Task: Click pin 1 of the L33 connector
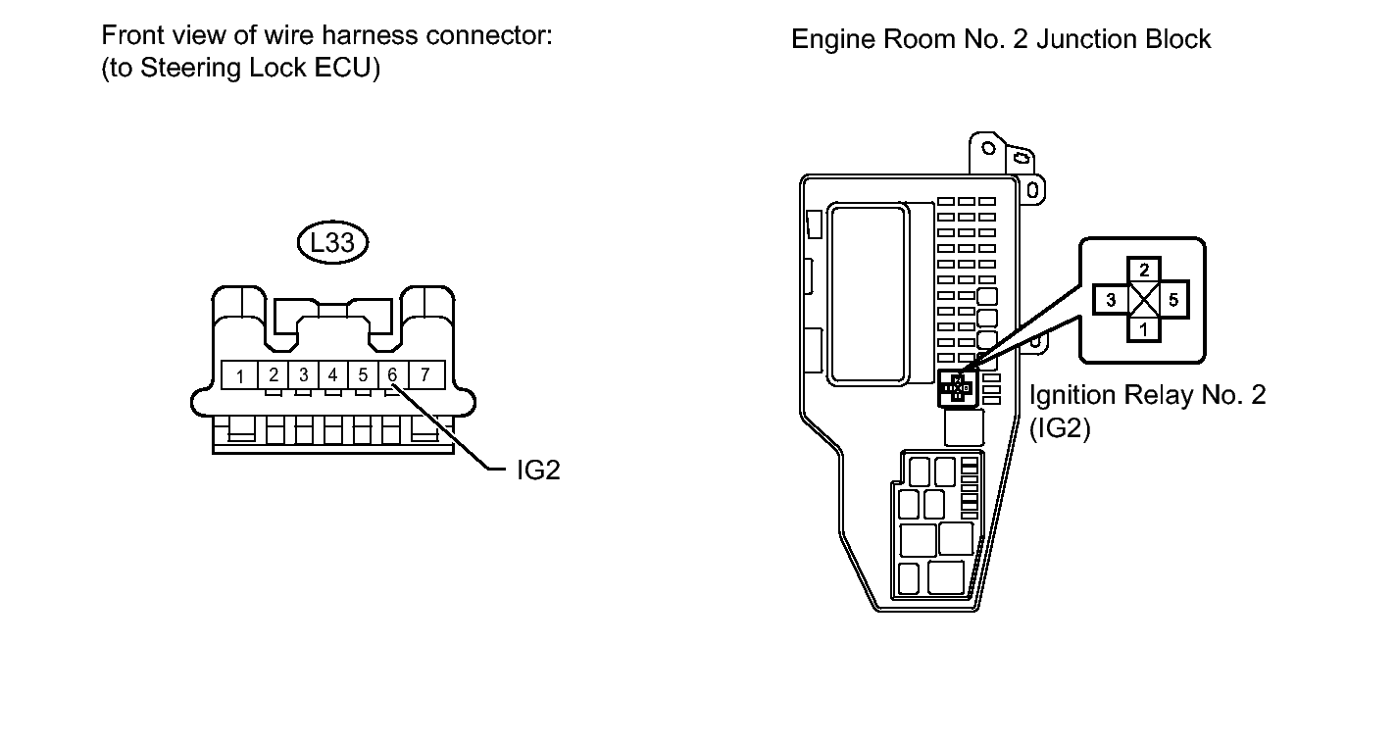point(240,375)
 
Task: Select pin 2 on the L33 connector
point(273,375)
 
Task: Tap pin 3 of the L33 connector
point(304,375)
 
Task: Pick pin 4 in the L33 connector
point(332,375)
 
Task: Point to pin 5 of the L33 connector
point(363,375)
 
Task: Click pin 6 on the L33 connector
point(392,375)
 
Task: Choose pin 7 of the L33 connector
point(426,375)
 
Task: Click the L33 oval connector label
point(332,242)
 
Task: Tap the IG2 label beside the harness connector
point(538,471)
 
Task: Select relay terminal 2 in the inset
point(1144,271)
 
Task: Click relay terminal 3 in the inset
point(1111,300)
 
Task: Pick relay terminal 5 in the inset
point(1173,300)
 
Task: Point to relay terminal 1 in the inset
point(1144,329)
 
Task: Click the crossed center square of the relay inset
point(1144,300)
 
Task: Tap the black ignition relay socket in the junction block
point(957,388)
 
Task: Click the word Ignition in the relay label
point(1072,396)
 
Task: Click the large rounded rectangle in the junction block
point(869,293)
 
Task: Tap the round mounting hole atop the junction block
point(988,148)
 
